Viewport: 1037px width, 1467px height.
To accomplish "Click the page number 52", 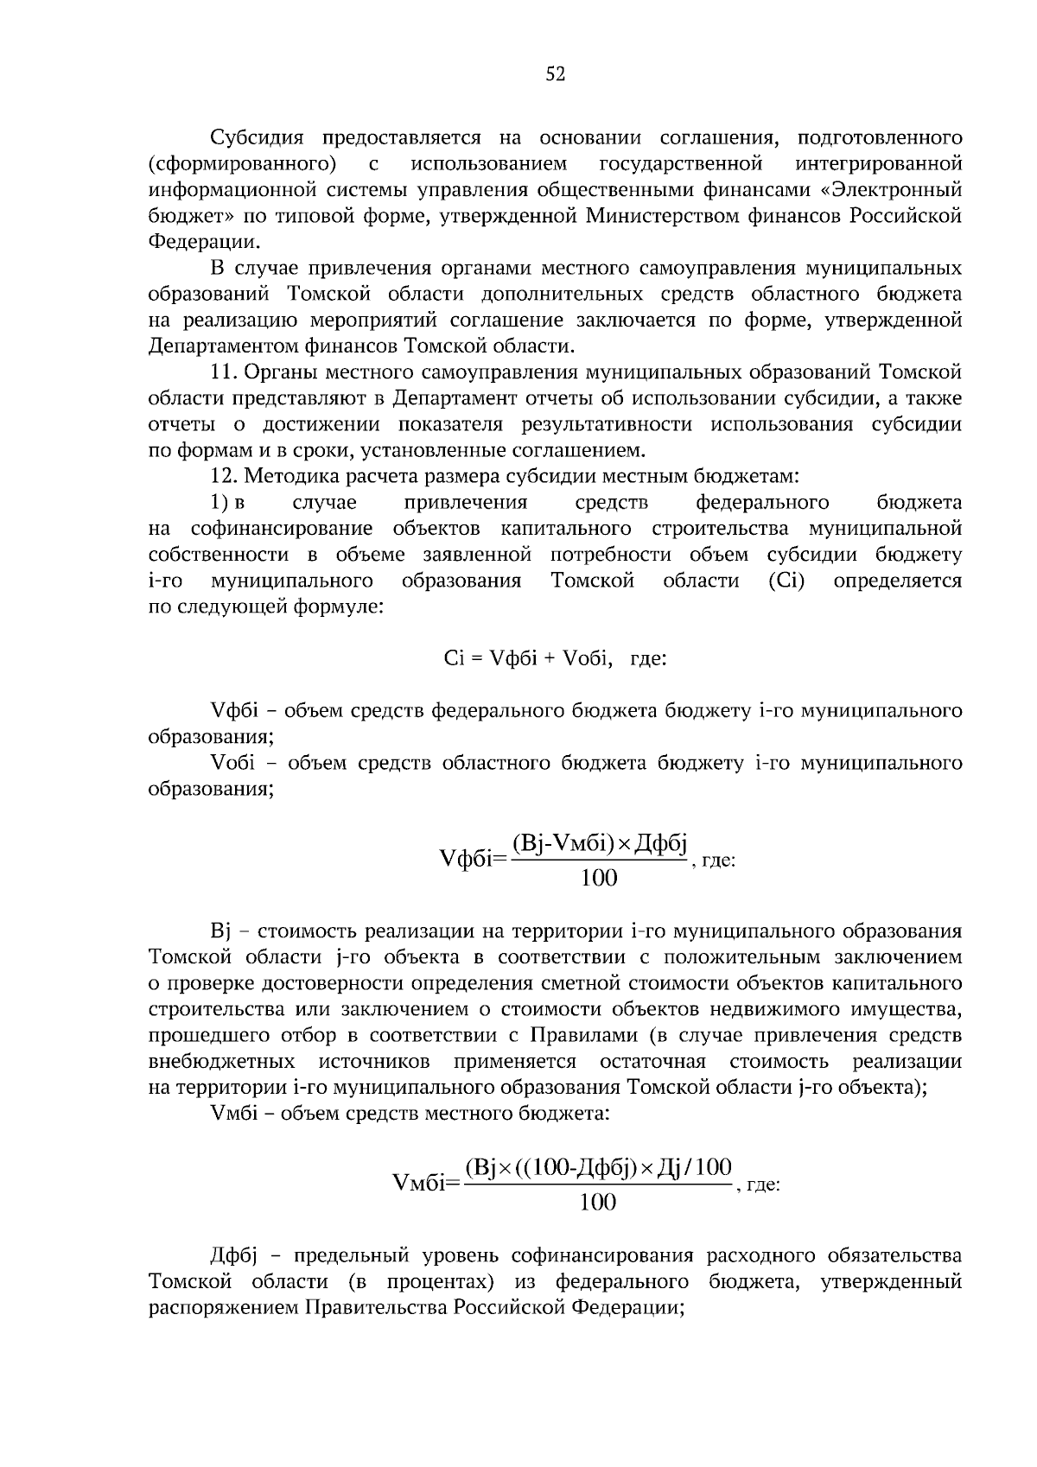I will (555, 75).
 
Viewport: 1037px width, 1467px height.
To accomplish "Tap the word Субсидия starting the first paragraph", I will (257, 138).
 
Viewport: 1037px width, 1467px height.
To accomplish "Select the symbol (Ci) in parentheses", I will (786, 581).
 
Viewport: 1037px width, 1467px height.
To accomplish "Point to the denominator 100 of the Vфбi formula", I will (599, 879).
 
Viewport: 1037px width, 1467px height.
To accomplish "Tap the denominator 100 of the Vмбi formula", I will (597, 1202).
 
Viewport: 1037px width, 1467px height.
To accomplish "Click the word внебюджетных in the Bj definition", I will (221, 1061).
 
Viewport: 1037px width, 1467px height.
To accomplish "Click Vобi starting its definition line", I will (231, 763).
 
